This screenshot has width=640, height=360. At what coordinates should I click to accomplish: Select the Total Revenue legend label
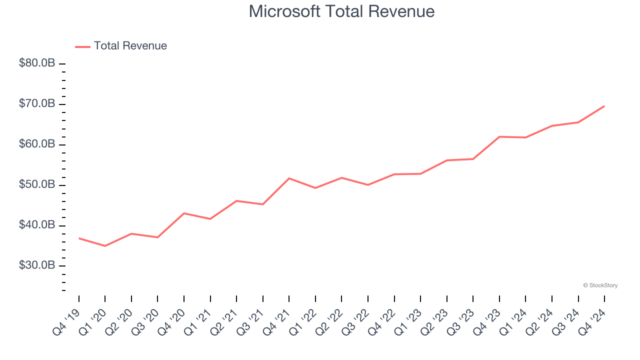coord(130,46)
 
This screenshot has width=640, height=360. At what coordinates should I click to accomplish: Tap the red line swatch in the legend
coord(82,46)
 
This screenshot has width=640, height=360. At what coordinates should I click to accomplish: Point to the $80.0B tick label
coord(36,63)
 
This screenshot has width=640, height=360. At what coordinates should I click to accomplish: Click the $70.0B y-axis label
coord(36,104)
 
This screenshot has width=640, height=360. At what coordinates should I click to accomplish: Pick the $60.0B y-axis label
coord(36,144)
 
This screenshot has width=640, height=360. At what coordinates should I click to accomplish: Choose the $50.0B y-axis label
coord(36,184)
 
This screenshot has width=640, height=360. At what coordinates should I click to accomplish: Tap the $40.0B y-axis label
coord(36,225)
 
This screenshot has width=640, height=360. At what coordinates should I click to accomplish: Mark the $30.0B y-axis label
coord(36,265)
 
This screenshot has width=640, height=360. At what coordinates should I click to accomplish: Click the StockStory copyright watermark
coord(600,285)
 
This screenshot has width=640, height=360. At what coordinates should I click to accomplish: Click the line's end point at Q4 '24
coord(604,106)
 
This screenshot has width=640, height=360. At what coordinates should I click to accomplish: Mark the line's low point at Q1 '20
coord(105,246)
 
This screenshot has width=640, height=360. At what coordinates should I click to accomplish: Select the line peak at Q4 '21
coord(289,178)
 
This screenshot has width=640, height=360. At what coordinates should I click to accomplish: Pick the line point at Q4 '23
coord(499,136)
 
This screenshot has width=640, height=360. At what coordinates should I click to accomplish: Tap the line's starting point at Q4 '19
coord(79,238)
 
